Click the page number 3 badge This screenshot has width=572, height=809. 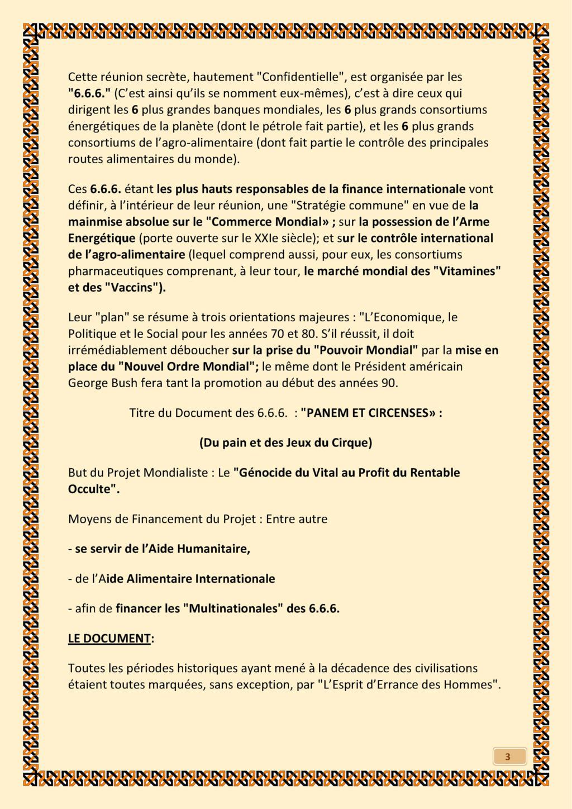click(x=508, y=757)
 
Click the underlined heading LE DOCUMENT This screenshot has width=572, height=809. click(x=109, y=638)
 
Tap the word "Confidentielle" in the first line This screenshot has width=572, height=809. click(x=302, y=77)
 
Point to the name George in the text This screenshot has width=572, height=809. click(x=86, y=383)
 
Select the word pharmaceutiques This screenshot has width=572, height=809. click(x=116, y=272)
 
